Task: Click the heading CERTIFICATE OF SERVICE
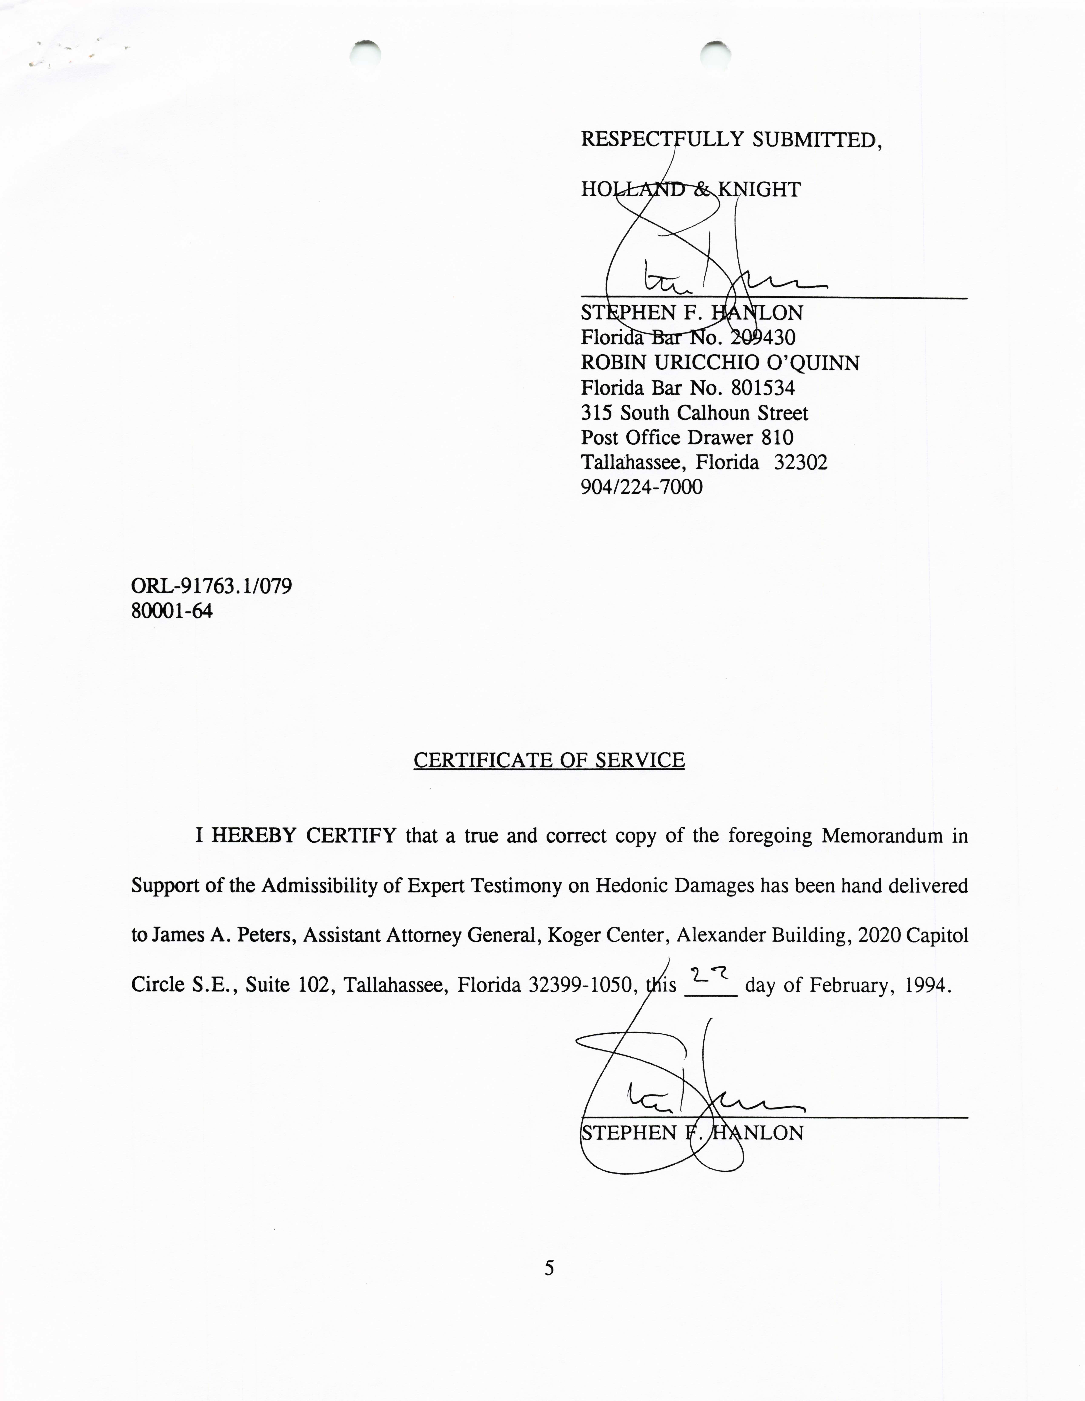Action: click(549, 760)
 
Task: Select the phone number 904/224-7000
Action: click(641, 487)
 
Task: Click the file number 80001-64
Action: click(172, 611)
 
